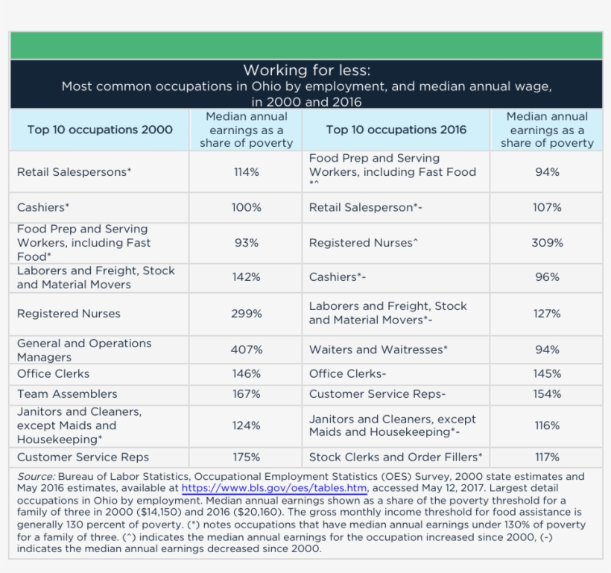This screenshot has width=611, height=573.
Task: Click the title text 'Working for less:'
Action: click(x=306, y=71)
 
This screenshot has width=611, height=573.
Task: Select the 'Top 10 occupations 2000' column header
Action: click(x=100, y=130)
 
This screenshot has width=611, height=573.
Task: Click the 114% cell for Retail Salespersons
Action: click(x=246, y=172)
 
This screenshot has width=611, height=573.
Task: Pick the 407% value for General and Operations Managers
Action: click(x=246, y=349)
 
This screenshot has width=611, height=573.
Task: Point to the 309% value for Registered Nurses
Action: click(x=547, y=243)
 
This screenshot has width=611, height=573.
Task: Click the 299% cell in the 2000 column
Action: click(x=246, y=314)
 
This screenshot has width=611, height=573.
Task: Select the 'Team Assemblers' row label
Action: click(x=67, y=394)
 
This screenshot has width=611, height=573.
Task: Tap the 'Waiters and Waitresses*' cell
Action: click(x=379, y=349)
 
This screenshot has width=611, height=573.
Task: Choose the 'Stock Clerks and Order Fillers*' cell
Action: click(x=396, y=458)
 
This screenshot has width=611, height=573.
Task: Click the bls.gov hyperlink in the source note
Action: click(x=274, y=489)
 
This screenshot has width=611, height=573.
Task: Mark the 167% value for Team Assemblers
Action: click(x=246, y=394)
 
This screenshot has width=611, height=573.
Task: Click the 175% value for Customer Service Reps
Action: click(x=246, y=458)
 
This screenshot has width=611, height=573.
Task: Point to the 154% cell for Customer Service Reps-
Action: click(x=547, y=394)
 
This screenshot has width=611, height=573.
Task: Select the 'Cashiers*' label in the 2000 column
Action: click(x=43, y=208)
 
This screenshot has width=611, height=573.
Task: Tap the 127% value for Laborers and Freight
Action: click(x=547, y=314)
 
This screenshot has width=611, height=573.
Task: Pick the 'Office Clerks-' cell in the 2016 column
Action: click(x=347, y=374)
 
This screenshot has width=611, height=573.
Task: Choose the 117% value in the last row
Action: click(x=547, y=458)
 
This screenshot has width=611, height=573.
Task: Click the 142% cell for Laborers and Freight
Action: click(x=246, y=277)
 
